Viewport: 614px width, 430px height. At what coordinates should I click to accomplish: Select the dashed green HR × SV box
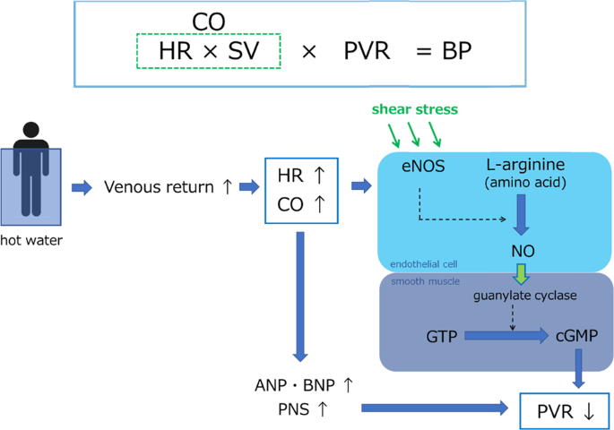click(x=208, y=51)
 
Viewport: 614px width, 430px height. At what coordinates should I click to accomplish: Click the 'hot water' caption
click(x=31, y=239)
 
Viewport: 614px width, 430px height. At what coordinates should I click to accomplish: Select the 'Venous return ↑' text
click(x=169, y=187)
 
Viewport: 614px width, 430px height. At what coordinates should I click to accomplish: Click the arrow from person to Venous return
click(x=82, y=187)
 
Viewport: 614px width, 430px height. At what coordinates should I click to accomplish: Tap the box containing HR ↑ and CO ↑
click(x=300, y=190)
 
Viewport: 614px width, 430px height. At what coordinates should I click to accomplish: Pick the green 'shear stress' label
click(x=414, y=109)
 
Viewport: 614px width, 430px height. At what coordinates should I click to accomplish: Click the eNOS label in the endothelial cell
click(x=423, y=166)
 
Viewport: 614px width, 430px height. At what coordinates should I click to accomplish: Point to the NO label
click(x=523, y=252)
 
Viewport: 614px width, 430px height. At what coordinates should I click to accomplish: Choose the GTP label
click(x=442, y=336)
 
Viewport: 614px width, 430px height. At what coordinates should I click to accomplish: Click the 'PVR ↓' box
click(x=565, y=412)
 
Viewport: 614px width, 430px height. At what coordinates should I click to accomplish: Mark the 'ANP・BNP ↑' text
click(x=304, y=385)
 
